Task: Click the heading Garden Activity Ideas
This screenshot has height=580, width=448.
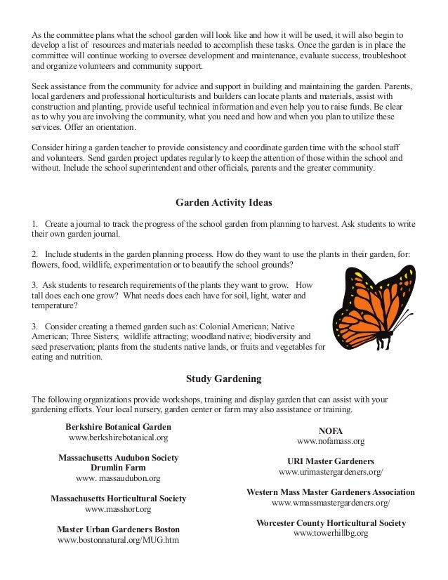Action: point(223,203)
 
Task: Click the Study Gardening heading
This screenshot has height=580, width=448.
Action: point(223,378)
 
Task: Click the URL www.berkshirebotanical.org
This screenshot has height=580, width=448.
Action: point(118,437)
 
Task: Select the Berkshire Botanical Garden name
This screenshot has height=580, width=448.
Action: point(118,426)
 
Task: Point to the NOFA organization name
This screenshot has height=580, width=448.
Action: point(331,430)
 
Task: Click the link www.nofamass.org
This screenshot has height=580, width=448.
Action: point(331,441)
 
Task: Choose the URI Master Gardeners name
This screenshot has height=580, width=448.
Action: point(331,461)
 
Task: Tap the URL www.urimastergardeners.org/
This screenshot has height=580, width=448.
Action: point(331,473)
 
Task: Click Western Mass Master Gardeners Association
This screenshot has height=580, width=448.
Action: point(331,492)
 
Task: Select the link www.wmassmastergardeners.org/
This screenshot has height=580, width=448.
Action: point(331,503)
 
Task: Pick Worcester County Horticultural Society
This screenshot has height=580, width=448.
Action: point(331,523)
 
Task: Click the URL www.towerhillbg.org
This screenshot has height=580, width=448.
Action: point(331,534)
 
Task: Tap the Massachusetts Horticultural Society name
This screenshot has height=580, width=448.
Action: point(118,499)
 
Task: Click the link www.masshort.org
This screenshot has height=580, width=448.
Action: point(118,509)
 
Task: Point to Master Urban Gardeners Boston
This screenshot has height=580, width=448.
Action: point(118,529)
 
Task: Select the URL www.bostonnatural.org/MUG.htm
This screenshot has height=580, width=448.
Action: point(118,540)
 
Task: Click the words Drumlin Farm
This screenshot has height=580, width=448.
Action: point(118,468)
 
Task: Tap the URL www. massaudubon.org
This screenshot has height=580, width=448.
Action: point(118,478)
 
